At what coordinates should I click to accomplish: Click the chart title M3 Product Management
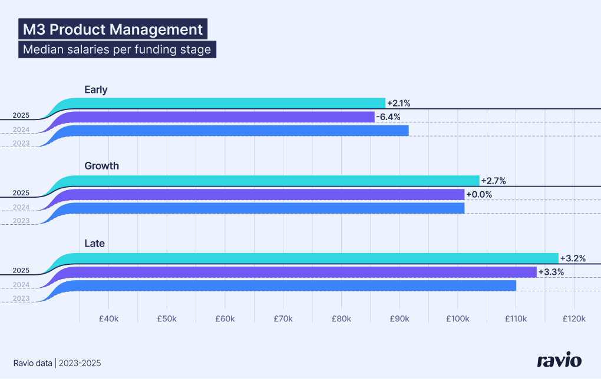point(112,29)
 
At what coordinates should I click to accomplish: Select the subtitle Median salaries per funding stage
point(117,49)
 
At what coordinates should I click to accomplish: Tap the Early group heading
point(96,89)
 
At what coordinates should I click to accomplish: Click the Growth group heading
point(101,166)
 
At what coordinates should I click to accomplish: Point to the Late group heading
point(94,243)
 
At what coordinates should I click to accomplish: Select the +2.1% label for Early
point(399,103)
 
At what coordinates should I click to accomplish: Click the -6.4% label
point(388,117)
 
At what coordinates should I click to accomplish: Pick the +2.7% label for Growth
point(494,180)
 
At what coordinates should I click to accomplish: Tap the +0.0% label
point(478,194)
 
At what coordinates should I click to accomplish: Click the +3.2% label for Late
point(572,258)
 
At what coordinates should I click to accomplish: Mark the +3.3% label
point(551,272)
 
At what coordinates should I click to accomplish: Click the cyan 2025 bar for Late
point(318,258)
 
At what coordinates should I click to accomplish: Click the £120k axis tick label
point(573,319)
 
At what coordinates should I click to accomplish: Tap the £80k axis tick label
point(341,319)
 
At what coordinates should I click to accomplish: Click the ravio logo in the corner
point(559,360)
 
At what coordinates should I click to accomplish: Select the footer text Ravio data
point(33,363)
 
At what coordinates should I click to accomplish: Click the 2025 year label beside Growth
point(21,192)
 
